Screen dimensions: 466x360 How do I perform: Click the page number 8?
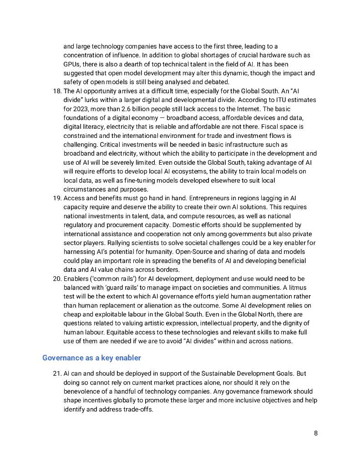click(x=315, y=433)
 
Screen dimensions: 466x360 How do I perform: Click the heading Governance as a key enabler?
click(x=91, y=358)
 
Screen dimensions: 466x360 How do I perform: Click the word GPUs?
click(x=72, y=64)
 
